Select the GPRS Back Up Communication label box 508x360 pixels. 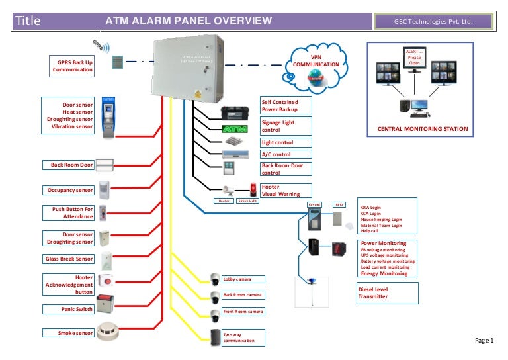point(73,66)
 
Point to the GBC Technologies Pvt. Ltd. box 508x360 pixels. point(433,22)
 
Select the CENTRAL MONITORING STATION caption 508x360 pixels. point(422,129)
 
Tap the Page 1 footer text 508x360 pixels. point(484,341)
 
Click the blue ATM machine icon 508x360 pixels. point(107,118)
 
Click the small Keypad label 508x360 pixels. point(315,204)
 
